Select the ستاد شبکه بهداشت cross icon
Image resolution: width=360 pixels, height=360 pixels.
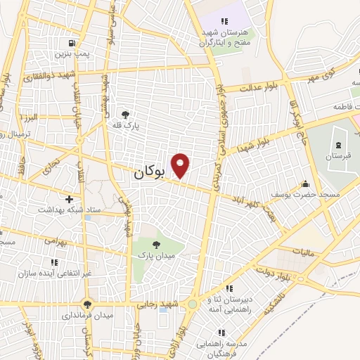[x=69, y=199]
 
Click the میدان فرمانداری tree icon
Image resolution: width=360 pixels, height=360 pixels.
[x=87, y=304]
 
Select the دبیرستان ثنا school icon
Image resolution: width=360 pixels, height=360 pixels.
[x=229, y=289]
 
